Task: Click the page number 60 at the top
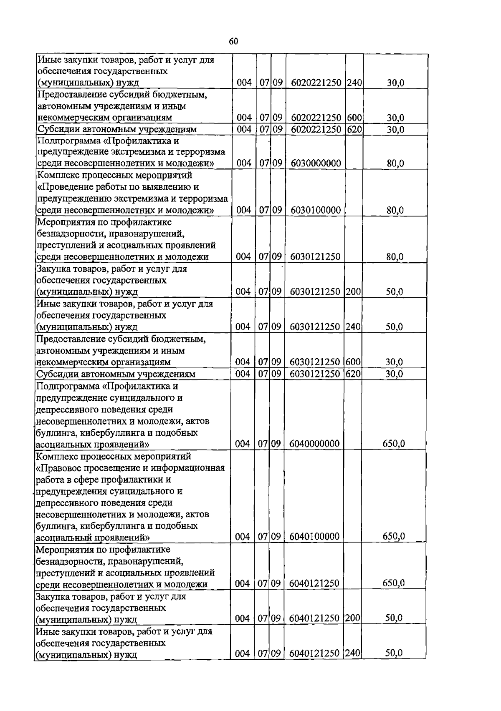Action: [x=233, y=41]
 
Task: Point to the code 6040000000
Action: [x=315, y=444]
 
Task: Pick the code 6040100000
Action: [x=315, y=536]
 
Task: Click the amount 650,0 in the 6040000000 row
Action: [x=394, y=444]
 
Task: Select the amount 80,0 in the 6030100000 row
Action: [x=395, y=210]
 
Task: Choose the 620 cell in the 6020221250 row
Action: [x=354, y=129]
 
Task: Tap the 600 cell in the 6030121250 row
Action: [x=353, y=362]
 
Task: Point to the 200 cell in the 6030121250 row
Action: [x=353, y=292]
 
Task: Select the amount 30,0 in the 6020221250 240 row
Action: [x=395, y=83]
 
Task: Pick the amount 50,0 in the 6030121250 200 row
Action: [x=394, y=292]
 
